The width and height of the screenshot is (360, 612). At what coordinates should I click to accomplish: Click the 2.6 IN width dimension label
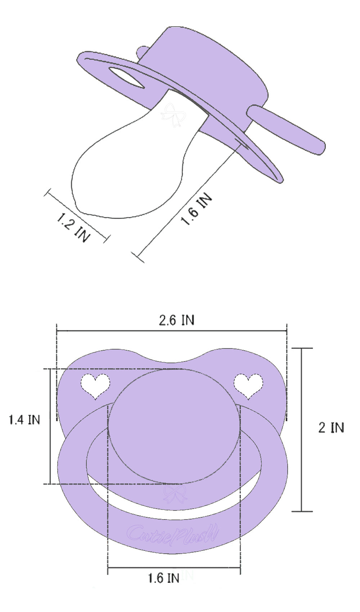pyautogui.click(x=176, y=320)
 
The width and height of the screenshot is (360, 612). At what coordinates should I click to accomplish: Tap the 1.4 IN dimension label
pyautogui.click(x=24, y=419)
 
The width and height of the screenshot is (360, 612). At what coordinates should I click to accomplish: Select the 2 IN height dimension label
pyautogui.click(x=331, y=427)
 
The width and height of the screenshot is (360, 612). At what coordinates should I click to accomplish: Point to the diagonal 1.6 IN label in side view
pyautogui.click(x=196, y=210)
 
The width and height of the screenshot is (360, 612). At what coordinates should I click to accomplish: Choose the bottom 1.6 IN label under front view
pyautogui.click(x=163, y=578)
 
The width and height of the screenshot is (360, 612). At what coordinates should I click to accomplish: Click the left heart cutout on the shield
pyautogui.click(x=95, y=385)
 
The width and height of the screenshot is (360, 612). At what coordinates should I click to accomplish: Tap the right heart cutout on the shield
pyautogui.click(x=248, y=385)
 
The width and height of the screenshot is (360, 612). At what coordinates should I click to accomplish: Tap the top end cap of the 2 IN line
pyautogui.click(x=302, y=348)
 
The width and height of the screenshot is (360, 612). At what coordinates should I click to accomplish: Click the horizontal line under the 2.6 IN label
pyautogui.click(x=172, y=330)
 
